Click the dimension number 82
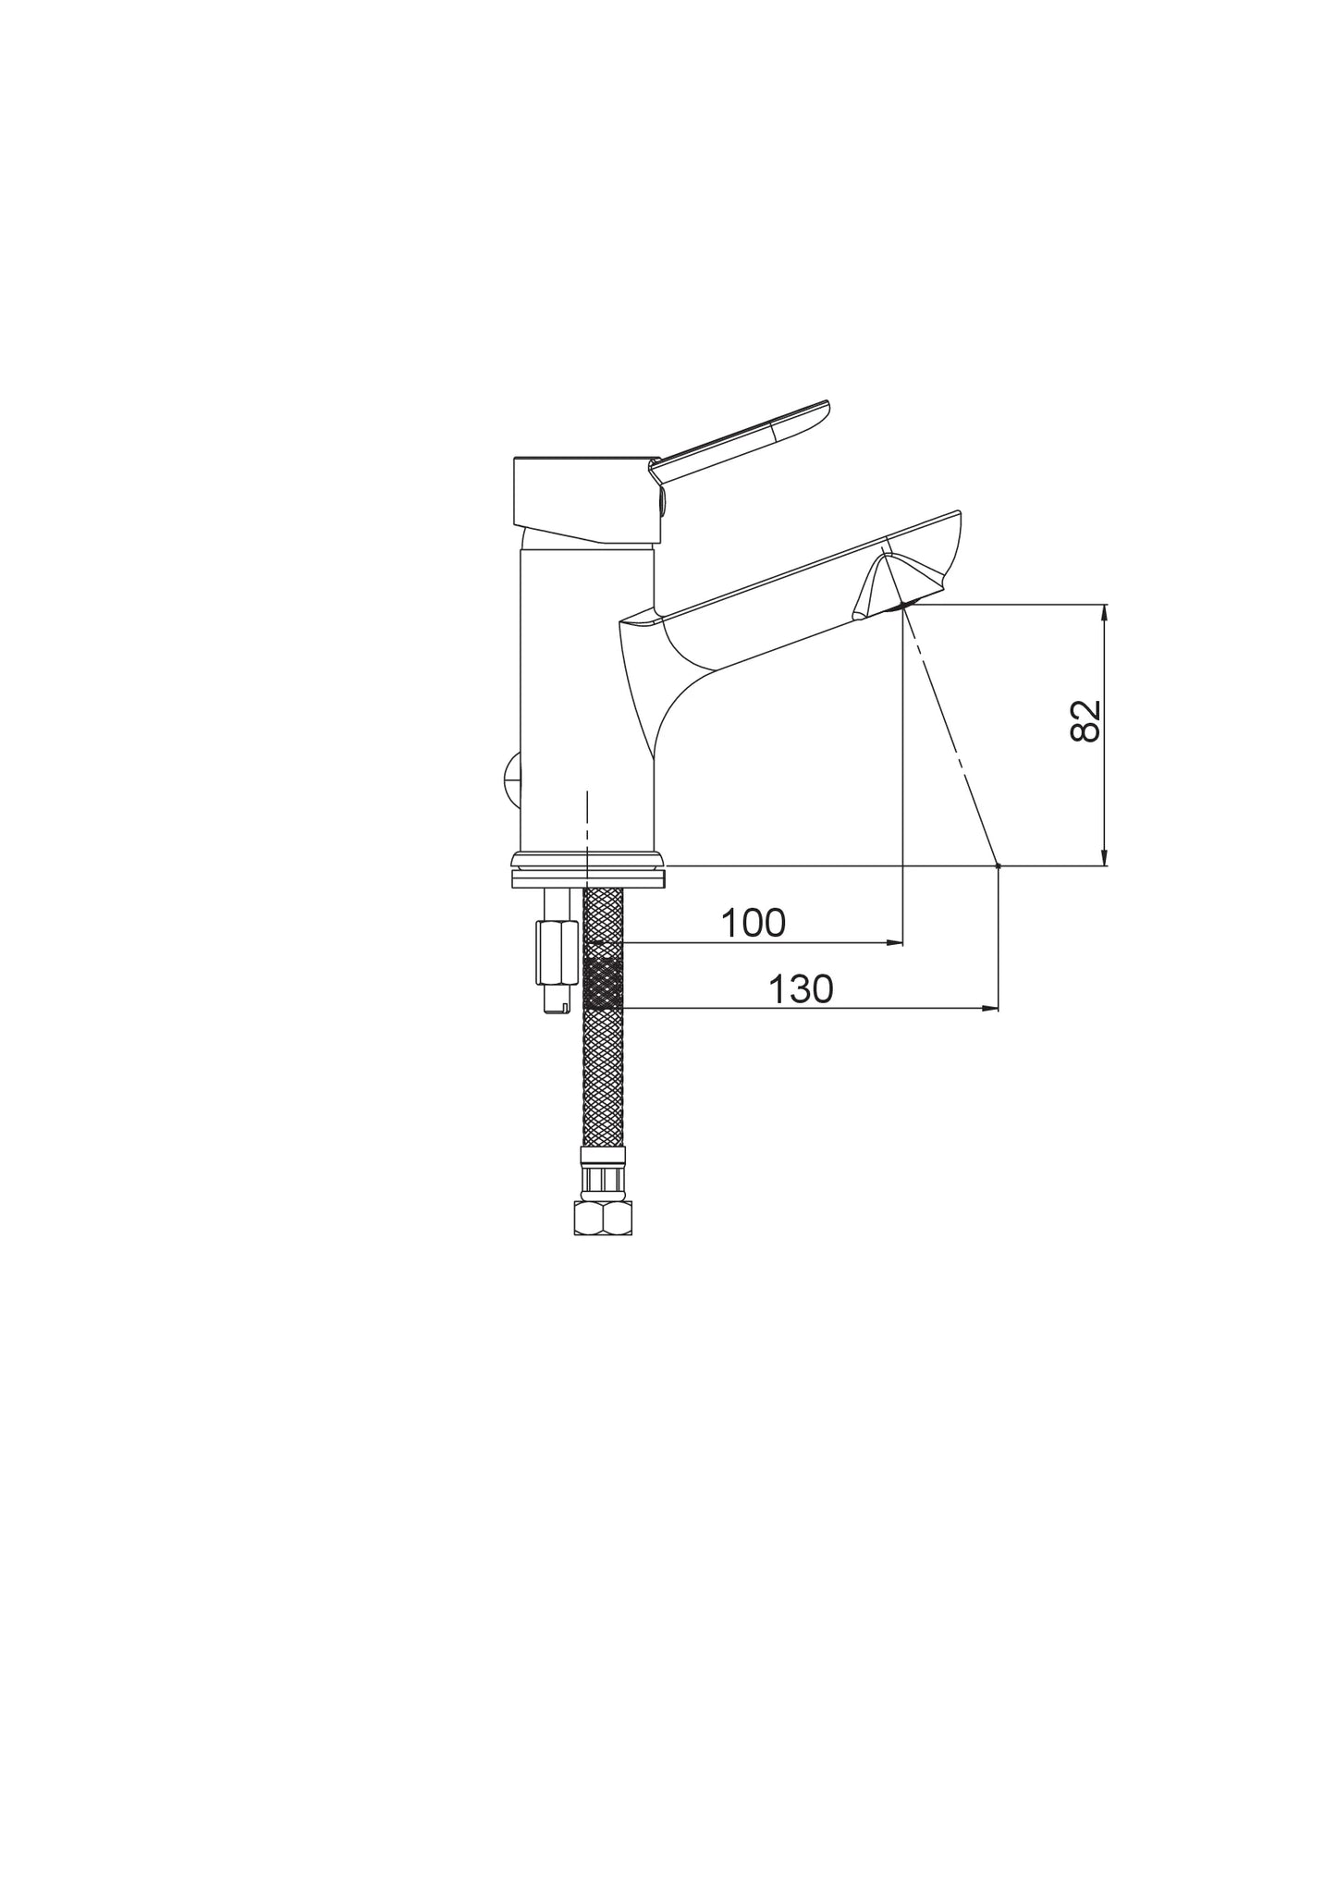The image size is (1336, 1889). click(x=1085, y=719)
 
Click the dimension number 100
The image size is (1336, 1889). click(x=753, y=923)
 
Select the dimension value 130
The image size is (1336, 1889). click(x=802, y=989)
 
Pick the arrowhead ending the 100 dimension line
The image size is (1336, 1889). click(x=894, y=943)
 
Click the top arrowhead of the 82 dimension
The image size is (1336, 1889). click(x=1103, y=613)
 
